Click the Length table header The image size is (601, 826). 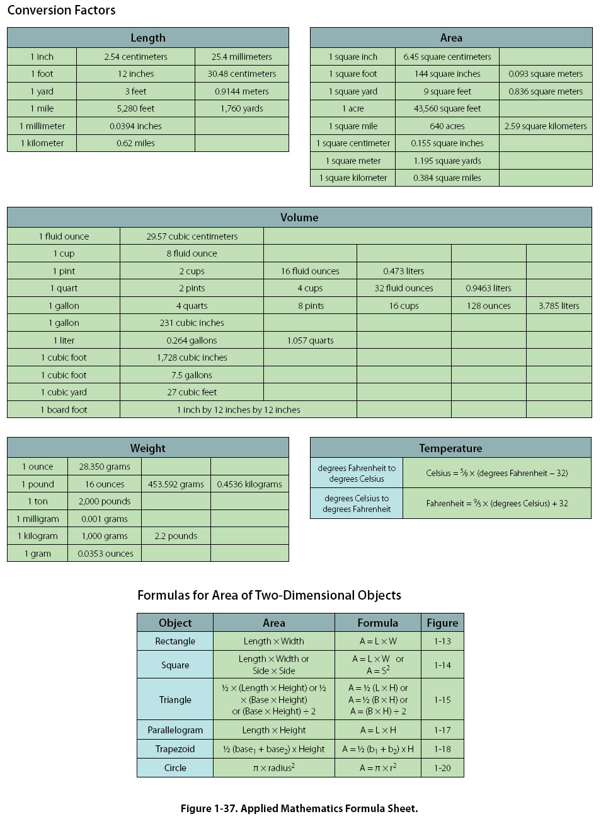(x=148, y=38)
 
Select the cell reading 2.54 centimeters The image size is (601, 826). (x=135, y=57)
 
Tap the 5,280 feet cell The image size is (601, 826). (x=135, y=108)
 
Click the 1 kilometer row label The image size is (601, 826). (x=42, y=143)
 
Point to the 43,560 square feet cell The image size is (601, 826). (x=447, y=108)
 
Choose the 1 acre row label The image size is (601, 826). (x=353, y=108)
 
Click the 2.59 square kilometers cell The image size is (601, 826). (x=546, y=126)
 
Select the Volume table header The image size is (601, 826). (x=299, y=218)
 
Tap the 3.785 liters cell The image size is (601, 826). (x=559, y=306)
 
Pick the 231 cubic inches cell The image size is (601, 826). (x=192, y=323)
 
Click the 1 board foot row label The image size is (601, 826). (x=64, y=410)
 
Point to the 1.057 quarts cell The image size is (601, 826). (x=310, y=340)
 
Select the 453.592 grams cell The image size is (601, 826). (x=176, y=484)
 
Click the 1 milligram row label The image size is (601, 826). (x=38, y=519)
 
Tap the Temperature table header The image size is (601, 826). (x=450, y=448)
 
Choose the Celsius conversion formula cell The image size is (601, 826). (x=496, y=473)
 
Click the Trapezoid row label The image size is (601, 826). (x=175, y=749)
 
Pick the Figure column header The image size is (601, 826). (x=442, y=623)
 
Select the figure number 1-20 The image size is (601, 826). (x=442, y=768)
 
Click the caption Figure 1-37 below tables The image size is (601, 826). (x=299, y=808)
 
